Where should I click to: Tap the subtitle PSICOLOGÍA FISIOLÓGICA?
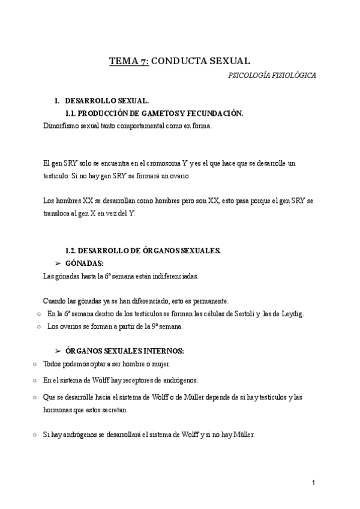pos(272,76)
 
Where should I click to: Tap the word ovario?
pos(178,176)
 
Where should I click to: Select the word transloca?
pos(58,212)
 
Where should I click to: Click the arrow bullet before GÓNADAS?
pos(58,263)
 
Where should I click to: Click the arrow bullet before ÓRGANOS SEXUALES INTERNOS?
pos(58,351)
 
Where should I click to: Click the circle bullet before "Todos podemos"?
pos(36,364)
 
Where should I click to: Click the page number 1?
pos(313,482)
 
